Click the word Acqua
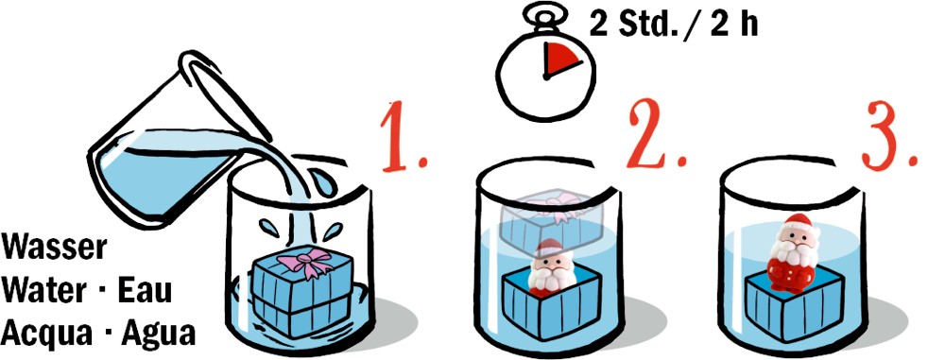45,334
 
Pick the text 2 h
733,26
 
